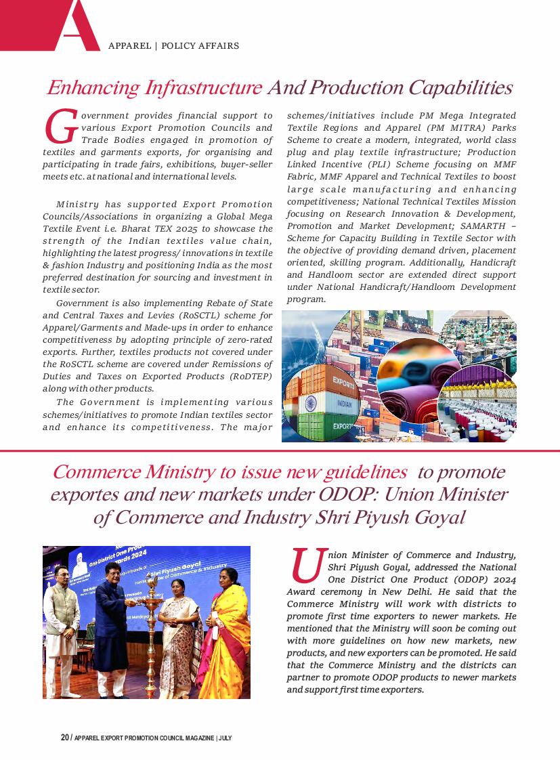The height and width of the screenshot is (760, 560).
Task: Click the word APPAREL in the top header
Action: tap(130, 46)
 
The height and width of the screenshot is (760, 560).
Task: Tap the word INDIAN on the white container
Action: tap(344, 404)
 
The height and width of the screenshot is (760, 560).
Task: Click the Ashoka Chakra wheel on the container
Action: tap(310, 404)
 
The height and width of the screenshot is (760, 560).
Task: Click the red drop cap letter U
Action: tap(306, 566)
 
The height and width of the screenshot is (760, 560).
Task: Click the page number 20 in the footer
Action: tap(64, 738)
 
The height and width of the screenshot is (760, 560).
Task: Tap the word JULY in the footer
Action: tap(225, 738)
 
